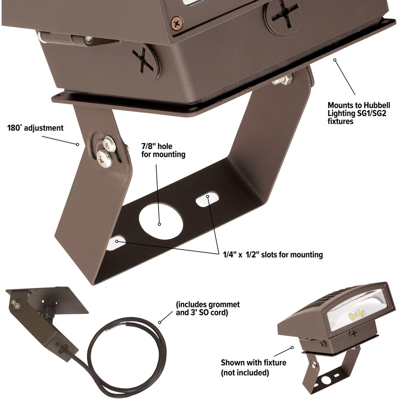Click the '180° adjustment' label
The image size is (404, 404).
click(x=35, y=128)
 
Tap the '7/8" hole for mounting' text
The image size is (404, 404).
click(x=163, y=150)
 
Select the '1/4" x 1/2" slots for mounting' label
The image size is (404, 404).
click(x=273, y=254)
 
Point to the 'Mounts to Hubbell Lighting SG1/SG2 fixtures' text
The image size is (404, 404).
click(x=359, y=113)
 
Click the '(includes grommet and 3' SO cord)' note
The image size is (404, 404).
click(x=208, y=309)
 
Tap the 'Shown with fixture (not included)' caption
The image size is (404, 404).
click(x=254, y=367)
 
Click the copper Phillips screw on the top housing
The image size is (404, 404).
click(x=178, y=23)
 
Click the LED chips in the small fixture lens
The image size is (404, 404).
click(x=357, y=314)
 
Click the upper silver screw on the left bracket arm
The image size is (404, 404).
click(x=109, y=144)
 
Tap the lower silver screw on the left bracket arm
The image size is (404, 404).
click(x=104, y=157)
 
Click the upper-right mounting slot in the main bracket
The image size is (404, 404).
click(x=207, y=199)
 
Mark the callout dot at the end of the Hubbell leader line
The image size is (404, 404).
click(x=335, y=60)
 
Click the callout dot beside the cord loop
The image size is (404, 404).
click(x=160, y=322)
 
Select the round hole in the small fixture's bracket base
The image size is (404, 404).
click(x=326, y=380)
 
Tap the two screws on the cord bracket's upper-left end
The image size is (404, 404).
click(x=15, y=304)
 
